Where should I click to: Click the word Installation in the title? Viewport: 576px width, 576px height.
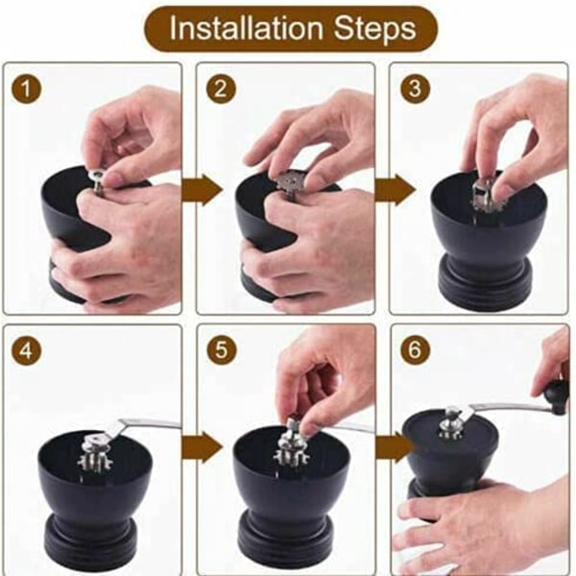coord(246,28)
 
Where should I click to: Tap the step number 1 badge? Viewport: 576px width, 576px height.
coord(26,88)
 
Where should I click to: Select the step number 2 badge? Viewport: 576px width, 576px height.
coord(221,88)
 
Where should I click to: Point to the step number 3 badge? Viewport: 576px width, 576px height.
coord(415,88)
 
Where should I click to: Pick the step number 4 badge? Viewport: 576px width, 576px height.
coord(26,350)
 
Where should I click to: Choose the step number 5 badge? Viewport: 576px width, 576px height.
coord(221,349)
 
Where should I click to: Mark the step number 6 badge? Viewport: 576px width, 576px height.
coord(415,349)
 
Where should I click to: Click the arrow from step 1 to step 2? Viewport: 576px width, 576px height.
coord(203,190)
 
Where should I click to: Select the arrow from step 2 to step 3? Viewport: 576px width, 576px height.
coord(396,190)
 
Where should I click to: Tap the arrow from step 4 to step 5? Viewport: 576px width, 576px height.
coord(203,447)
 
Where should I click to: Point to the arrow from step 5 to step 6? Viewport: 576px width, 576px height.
coord(396,447)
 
